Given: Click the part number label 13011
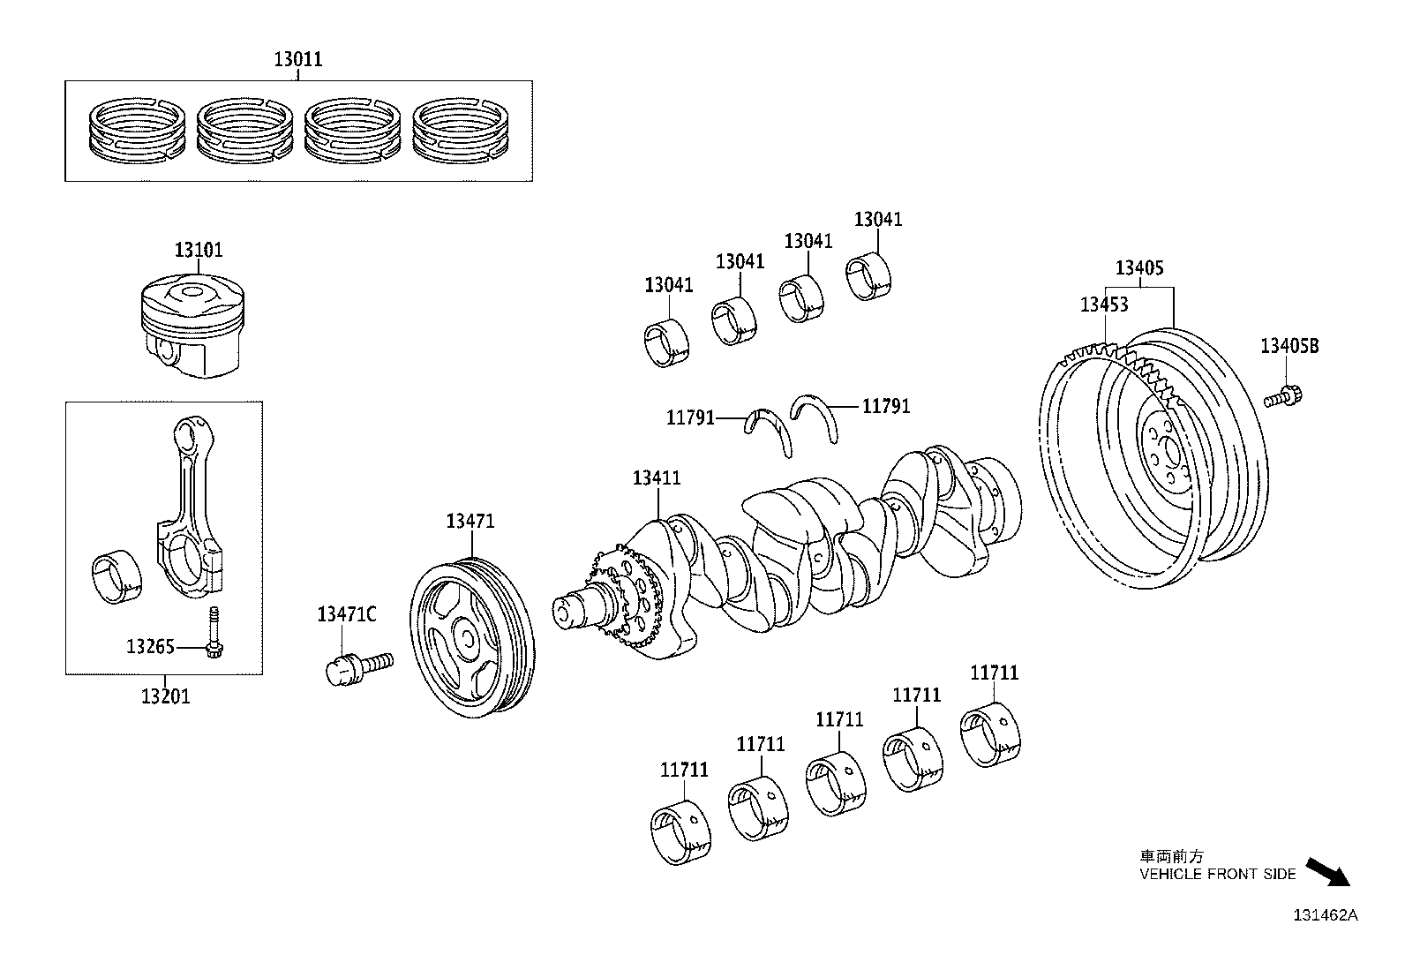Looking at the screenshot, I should click(x=297, y=60).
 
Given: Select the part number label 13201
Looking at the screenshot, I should click(x=165, y=696).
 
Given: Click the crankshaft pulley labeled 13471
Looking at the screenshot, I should click(x=470, y=636).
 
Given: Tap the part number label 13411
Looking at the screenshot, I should click(x=657, y=478).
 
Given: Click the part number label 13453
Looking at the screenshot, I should click(x=1104, y=305).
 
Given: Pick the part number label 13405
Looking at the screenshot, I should click(x=1139, y=267).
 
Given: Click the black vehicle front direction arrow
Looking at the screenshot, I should click(x=1328, y=871).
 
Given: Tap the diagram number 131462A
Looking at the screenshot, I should click(x=1326, y=915).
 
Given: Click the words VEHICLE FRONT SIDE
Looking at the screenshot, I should click(x=1217, y=875).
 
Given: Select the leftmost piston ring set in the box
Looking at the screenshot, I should click(x=138, y=130).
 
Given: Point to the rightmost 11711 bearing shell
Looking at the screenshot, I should click(x=992, y=734).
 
